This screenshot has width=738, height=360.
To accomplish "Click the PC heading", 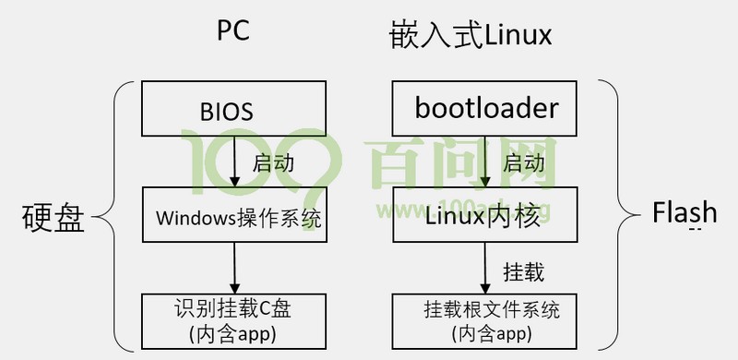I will click(232, 31).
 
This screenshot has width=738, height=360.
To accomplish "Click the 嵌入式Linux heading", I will click(470, 35).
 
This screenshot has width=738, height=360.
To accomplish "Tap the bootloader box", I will click(486, 109).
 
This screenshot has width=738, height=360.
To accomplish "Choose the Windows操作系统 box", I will click(233, 218).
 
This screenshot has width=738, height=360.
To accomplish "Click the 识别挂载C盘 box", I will click(233, 318).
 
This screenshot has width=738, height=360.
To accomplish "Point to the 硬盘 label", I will click(53, 219).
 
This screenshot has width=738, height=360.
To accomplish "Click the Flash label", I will click(684, 213).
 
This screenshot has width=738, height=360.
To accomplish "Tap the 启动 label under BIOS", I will click(274, 163).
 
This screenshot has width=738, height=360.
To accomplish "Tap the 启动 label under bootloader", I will click(523, 163).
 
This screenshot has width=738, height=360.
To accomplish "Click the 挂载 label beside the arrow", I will click(523, 272).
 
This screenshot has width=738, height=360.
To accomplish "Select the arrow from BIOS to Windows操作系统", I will click(233, 162).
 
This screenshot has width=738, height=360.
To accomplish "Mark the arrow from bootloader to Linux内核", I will click(486, 162).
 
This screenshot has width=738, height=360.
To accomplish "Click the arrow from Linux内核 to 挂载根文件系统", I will click(486, 270).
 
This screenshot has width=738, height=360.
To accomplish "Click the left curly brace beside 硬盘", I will click(109, 219).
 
